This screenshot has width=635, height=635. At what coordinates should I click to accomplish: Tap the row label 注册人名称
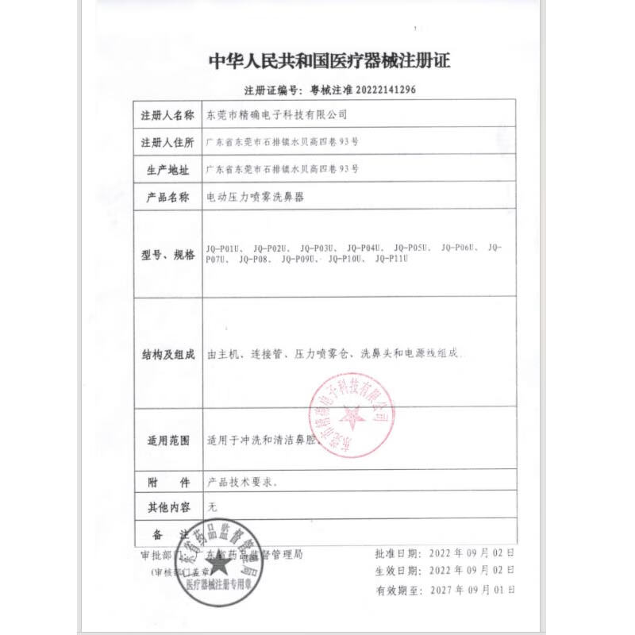167,115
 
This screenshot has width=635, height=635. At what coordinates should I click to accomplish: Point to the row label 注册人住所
167,142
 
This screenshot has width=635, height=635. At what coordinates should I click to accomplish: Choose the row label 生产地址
167,170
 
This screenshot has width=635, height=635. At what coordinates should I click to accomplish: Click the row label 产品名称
167,197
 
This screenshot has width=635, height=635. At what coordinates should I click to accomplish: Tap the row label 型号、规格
167,254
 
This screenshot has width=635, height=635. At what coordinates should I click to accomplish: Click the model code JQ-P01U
225,248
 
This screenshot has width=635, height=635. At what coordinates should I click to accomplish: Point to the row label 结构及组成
167,354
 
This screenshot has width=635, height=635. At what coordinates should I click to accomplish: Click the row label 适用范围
167,441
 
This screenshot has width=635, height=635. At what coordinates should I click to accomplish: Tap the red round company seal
349,414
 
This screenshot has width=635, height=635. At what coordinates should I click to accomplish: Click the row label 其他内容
167,505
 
